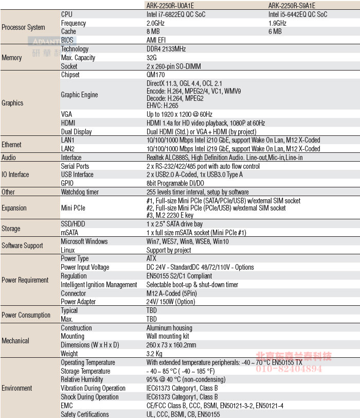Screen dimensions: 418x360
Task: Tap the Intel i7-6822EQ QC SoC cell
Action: click(176, 14)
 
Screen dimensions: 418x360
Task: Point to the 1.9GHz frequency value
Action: click(278, 23)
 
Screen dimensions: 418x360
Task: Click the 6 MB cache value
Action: click(275, 31)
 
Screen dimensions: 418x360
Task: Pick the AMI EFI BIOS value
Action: click(156, 40)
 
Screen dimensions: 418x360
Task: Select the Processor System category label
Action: click(24, 27)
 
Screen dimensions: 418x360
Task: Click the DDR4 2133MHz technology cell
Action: click(166, 49)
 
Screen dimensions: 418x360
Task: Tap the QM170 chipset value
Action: click(156, 75)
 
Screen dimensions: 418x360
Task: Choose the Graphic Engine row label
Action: click(79, 95)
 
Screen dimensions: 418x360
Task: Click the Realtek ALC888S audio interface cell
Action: click(225, 158)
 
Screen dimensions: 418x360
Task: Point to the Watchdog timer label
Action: click(80, 192)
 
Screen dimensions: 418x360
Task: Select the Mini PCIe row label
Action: click(73, 208)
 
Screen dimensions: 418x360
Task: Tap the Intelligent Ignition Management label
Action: click(99, 285)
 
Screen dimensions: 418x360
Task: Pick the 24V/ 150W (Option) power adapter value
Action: click(171, 302)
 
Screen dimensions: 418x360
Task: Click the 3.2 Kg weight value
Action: click(154, 354)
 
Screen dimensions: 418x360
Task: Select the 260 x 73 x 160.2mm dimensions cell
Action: click(171, 345)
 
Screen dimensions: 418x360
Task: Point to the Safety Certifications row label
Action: click(85, 414)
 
